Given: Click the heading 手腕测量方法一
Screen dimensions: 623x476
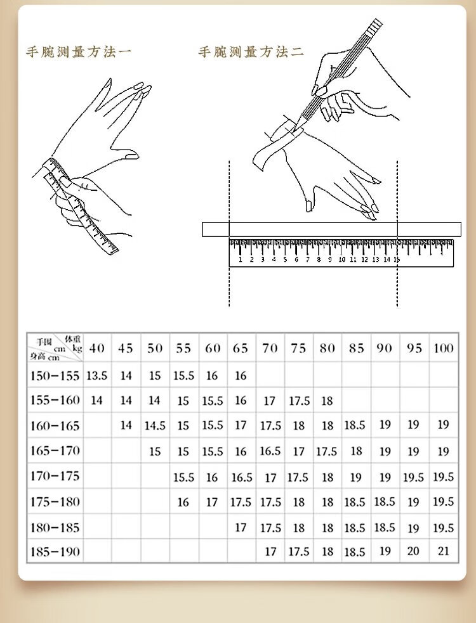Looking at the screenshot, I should tap(78, 52).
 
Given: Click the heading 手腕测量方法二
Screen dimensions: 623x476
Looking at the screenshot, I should tap(251, 52).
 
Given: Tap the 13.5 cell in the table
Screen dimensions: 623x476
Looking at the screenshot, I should tap(96, 375).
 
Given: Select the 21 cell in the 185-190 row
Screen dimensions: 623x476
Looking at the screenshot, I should tap(443, 551).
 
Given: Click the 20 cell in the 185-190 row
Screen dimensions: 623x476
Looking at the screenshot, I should tap(414, 551).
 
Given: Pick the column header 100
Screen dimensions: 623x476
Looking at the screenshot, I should tap(443, 348).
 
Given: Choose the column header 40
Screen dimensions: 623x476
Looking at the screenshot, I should tap(96, 348).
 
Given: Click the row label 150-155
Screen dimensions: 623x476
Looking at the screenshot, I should tap(55, 375).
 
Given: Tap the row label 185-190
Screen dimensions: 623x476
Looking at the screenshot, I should tap(55, 551).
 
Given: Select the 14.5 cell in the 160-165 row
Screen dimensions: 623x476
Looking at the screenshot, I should tap(155, 426).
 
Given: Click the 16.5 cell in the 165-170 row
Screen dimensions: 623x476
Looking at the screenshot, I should tap(270, 451).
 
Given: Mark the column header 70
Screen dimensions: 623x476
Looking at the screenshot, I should tap(270, 348).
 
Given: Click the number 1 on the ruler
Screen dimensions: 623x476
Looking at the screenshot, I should tap(241, 259).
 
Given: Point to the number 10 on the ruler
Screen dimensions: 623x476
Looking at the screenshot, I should tap(341, 259).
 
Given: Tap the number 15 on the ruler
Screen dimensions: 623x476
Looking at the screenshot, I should tap(397, 259).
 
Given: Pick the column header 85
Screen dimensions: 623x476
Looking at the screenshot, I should tap(355, 348).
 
